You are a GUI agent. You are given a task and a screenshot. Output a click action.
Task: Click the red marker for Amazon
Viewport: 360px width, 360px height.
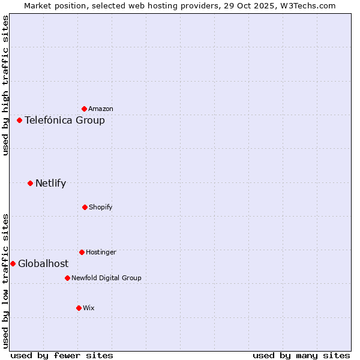(x=84, y=109)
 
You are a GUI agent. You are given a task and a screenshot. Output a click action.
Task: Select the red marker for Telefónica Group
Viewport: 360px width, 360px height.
(x=19, y=120)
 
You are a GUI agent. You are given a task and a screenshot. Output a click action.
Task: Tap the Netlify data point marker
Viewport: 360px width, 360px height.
(x=30, y=183)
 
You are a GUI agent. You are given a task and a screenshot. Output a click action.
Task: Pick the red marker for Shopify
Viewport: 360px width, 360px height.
(x=85, y=207)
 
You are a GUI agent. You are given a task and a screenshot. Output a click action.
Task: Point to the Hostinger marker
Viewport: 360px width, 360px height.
(x=82, y=252)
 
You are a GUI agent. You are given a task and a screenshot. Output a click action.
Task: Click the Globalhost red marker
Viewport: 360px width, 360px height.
(x=13, y=263)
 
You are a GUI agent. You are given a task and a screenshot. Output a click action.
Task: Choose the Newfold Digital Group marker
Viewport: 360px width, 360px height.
(x=67, y=278)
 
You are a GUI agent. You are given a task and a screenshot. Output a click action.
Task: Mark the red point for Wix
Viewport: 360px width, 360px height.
(x=79, y=308)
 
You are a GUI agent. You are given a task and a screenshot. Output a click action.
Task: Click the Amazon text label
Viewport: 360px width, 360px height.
(x=101, y=109)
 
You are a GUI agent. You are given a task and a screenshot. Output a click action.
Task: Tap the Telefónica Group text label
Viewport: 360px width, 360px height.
(x=65, y=120)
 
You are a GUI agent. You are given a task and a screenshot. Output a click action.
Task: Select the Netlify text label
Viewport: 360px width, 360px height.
(x=50, y=183)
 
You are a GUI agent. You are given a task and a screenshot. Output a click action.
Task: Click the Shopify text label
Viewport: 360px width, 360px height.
(x=101, y=207)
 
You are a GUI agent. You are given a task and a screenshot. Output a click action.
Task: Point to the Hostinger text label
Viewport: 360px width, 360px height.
(x=101, y=252)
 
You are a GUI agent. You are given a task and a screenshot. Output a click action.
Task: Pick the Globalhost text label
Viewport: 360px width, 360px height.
(x=43, y=263)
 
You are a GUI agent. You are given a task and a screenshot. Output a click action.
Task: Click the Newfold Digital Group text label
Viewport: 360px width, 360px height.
(x=106, y=278)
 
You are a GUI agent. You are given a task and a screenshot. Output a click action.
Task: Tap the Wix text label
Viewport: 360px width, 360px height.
(x=89, y=308)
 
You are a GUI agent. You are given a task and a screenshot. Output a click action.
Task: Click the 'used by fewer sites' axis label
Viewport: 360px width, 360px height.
(x=62, y=355)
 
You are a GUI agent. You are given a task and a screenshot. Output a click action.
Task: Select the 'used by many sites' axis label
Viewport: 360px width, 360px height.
(x=301, y=355)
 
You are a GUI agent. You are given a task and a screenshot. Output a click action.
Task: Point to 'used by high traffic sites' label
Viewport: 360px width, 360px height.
(x=5, y=85)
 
